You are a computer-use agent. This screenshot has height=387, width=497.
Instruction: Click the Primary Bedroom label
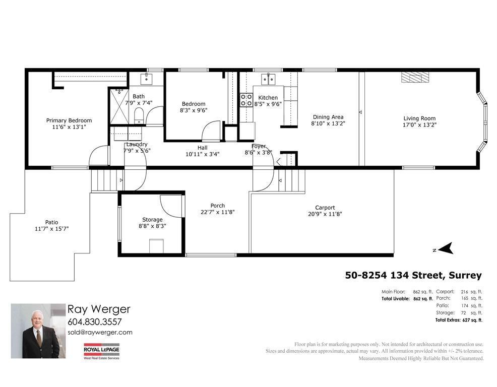[69, 120]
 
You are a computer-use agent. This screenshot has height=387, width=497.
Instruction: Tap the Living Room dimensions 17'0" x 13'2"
[419, 124]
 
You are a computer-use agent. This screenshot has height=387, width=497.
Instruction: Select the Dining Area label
[328, 117]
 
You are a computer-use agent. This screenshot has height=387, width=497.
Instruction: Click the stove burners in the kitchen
[246, 100]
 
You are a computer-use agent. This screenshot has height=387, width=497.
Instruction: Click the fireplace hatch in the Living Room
[415, 77]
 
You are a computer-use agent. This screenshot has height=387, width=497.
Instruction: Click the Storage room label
[152, 219]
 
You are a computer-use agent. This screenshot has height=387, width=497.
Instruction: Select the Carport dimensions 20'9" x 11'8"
[325, 214]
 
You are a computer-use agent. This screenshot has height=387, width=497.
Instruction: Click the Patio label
[51, 222]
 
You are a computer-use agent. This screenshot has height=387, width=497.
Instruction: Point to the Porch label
[218, 205]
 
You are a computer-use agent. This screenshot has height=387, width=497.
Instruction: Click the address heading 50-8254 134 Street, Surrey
[413, 275]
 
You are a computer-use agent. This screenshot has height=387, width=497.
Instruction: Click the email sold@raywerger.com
[100, 332]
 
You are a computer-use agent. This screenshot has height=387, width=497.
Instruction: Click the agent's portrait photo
[38, 331]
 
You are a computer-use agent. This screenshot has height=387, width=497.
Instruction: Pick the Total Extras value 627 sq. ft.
[472, 320]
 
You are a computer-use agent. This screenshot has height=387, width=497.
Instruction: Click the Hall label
[203, 148]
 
